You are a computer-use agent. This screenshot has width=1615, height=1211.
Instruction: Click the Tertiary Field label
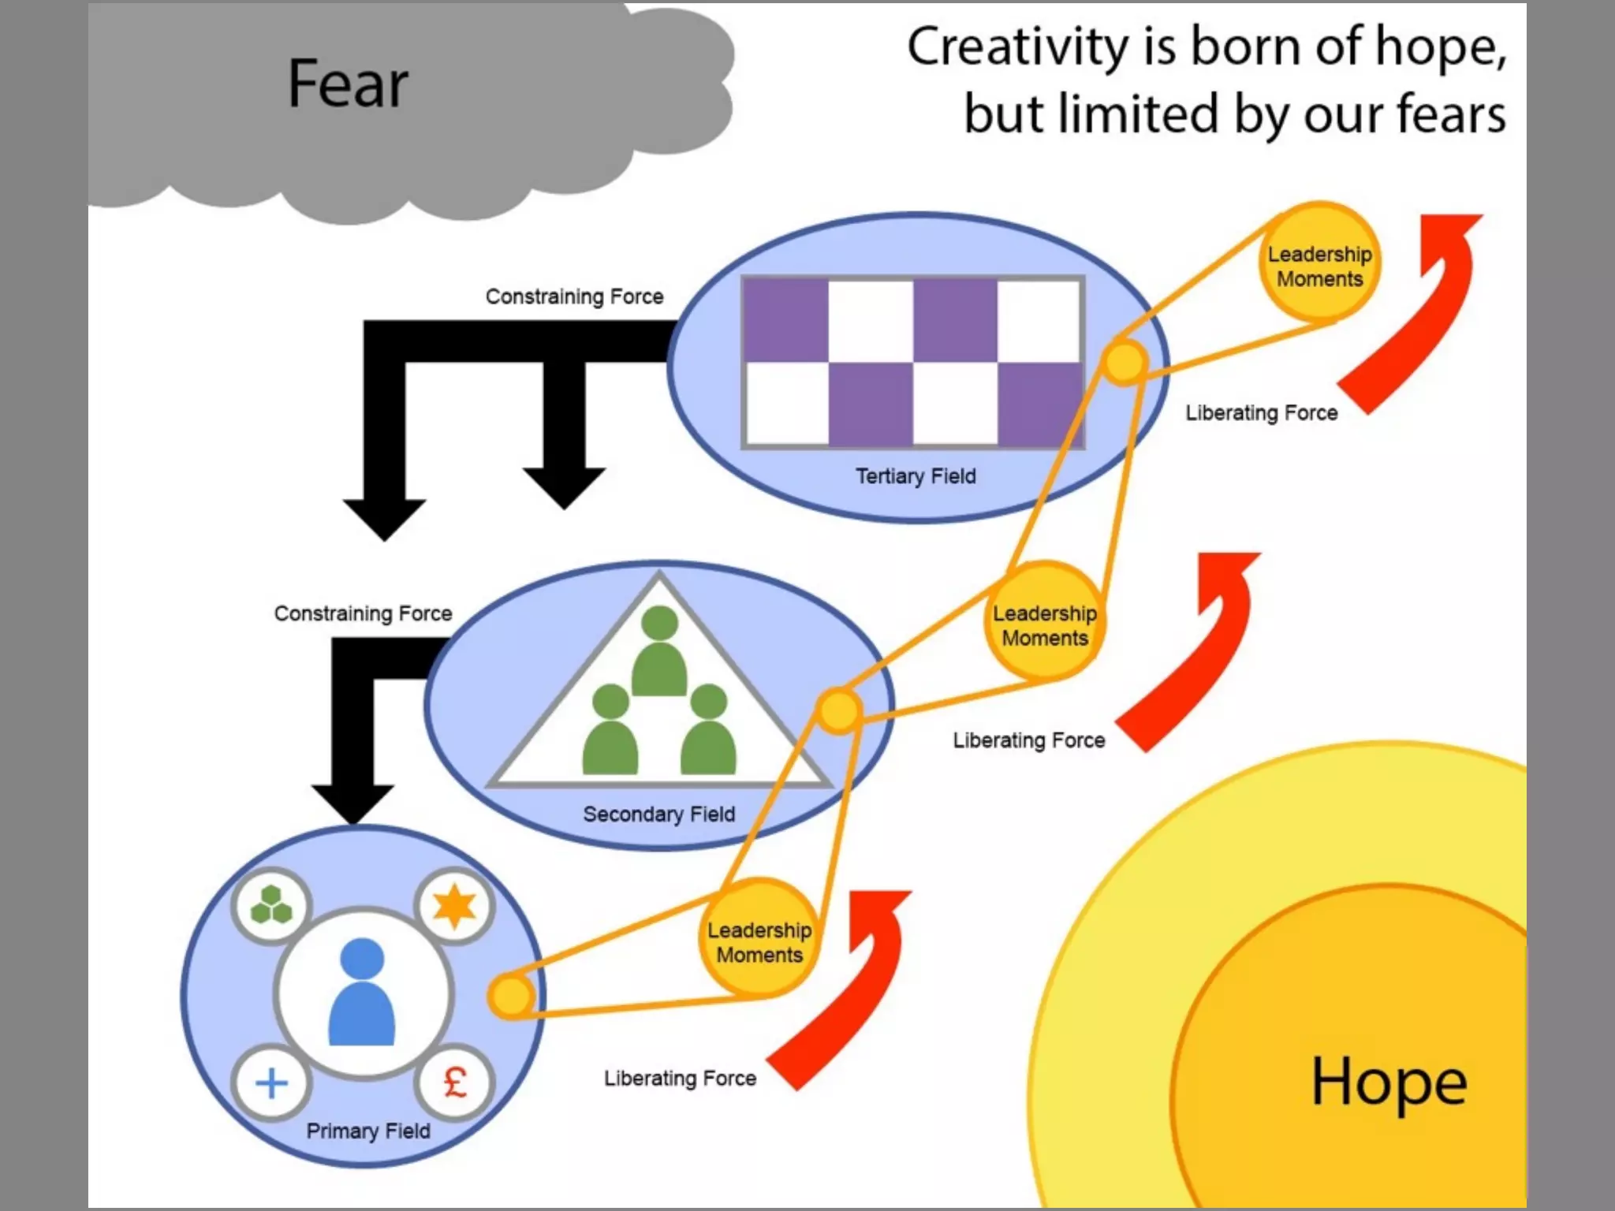[916, 476]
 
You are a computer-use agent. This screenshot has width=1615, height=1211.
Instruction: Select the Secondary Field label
[658, 814]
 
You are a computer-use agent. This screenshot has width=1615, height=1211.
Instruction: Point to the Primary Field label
[368, 1131]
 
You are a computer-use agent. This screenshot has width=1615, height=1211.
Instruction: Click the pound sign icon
[455, 1082]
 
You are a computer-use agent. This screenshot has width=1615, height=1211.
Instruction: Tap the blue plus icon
[271, 1083]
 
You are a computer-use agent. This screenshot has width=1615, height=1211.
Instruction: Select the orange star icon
[455, 906]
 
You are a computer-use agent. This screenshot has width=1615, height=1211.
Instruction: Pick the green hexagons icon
[271, 905]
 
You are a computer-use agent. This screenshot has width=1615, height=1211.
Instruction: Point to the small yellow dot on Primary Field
[512, 996]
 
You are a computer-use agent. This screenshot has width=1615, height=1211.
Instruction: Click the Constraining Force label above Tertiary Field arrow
[574, 296]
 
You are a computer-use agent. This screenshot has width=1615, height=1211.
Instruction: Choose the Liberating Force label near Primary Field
[680, 1078]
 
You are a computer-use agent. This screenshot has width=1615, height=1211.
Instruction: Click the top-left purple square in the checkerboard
[785, 320]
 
